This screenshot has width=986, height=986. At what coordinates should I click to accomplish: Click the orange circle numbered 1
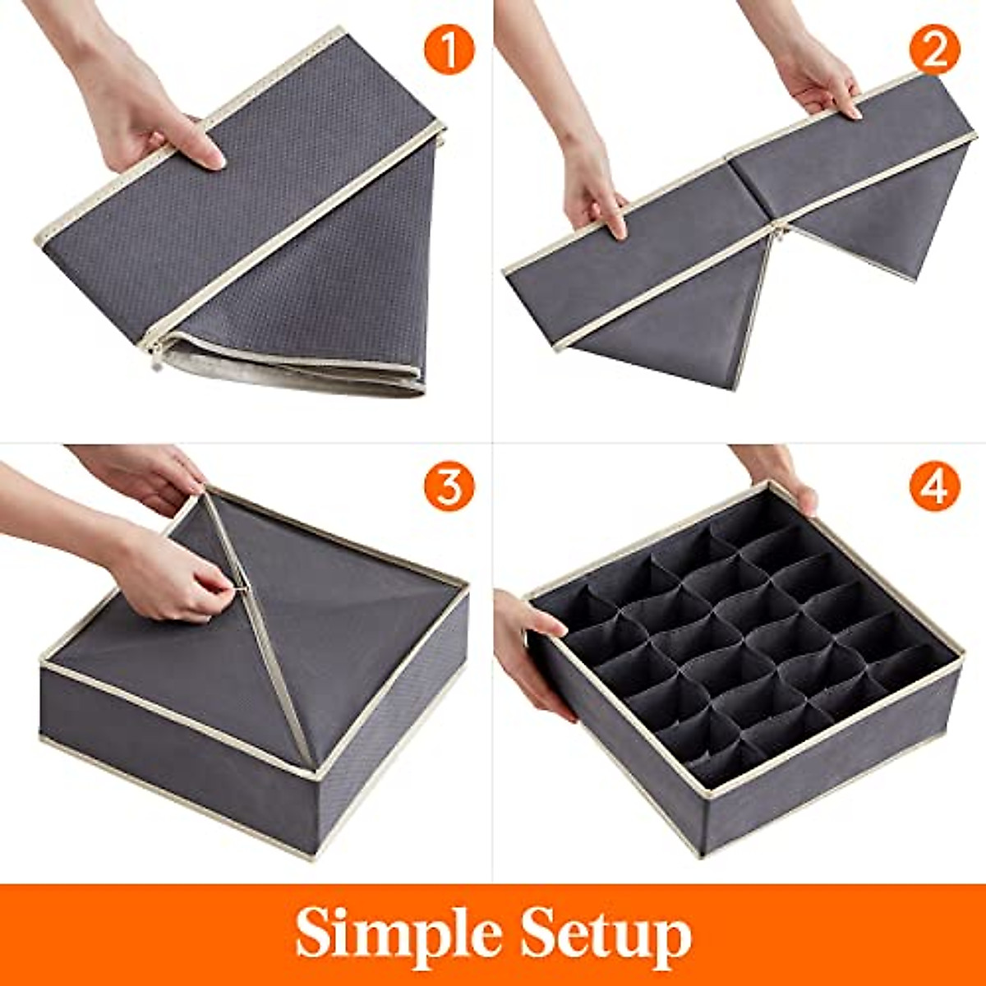pyautogui.click(x=449, y=48)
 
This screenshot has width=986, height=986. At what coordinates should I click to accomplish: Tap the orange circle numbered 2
pyautogui.click(x=934, y=48)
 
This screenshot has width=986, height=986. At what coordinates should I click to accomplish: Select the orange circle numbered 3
pyautogui.click(x=449, y=487)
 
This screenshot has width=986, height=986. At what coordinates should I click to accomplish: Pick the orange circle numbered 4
pyautogui.click(x=934, y=487)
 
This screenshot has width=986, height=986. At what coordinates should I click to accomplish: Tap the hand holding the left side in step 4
pyautogui.click(x=526, y=649)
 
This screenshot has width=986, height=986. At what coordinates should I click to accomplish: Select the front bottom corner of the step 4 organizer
pyautogui.click(x=707, y=850)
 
